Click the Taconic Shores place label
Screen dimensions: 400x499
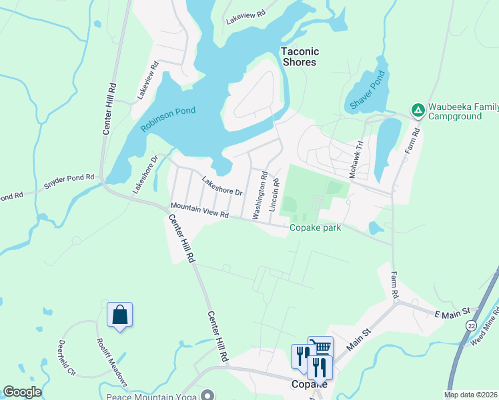[300, 57]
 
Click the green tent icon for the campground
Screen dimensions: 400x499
[418, 110]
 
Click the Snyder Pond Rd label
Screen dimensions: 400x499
[69, 183]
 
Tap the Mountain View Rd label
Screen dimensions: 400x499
[199, 211]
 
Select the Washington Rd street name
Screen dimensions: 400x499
[260, 195]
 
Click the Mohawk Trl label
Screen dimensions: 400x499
[356, 158]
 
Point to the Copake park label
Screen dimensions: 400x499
[315, 228]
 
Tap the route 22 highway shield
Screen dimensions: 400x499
[472, 324]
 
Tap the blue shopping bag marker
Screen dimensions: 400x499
[120, 314]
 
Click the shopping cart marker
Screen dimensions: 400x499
[321, 347]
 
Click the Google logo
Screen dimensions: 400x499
[22, 392]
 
